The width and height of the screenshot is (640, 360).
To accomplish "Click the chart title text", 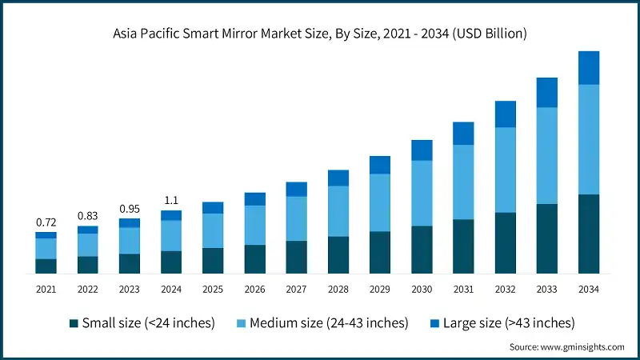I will pyautogui.click(x=320, y=33).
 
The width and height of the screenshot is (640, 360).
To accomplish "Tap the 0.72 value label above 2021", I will pyautogui.click(x=46, y=221).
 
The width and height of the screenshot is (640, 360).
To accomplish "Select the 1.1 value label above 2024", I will pyautogui.click(x=171, y=199).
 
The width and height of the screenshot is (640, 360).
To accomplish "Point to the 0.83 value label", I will pyautogui.click(x=87, y=215).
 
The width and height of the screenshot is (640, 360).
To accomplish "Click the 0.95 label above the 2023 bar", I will pyautogui.click(x=129, y=208).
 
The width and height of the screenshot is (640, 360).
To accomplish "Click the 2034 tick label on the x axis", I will pyautogui.click(x=589, y=288).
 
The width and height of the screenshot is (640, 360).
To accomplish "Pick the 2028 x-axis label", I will pyautogui.click(x=338, y=288).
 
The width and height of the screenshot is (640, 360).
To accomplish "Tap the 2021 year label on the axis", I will pyautogui.click(x=46, y=288).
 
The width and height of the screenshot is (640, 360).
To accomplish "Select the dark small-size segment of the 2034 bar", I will pyautogui.click(x=589, y=234).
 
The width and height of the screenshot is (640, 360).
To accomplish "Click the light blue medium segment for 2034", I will pyautogui.click(x=589, y=139).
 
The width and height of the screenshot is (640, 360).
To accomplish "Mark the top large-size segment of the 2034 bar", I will pyautogui.click(x=589, y=68).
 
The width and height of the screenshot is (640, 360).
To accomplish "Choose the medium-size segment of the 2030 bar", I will pyautogui.click(x=422, y=193).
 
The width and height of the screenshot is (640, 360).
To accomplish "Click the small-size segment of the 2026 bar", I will pyautogui.click(x=254, y=259).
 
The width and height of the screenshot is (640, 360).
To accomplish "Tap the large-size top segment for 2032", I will pyautogui.click(x=506, y=114).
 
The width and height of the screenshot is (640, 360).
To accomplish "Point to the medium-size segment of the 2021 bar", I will pyautogui.click(x=46, y=248).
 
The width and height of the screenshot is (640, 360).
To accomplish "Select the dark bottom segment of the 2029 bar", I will pyautogui.click(x=380, y=253).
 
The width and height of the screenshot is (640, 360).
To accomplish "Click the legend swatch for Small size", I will pyautogui.click(x=74, y=323).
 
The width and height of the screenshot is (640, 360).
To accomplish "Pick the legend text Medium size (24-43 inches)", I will pyautogui.click(x=329, y=323).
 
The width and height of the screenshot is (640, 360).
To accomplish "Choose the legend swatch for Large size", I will pyautogui.click(x=435, y=323).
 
